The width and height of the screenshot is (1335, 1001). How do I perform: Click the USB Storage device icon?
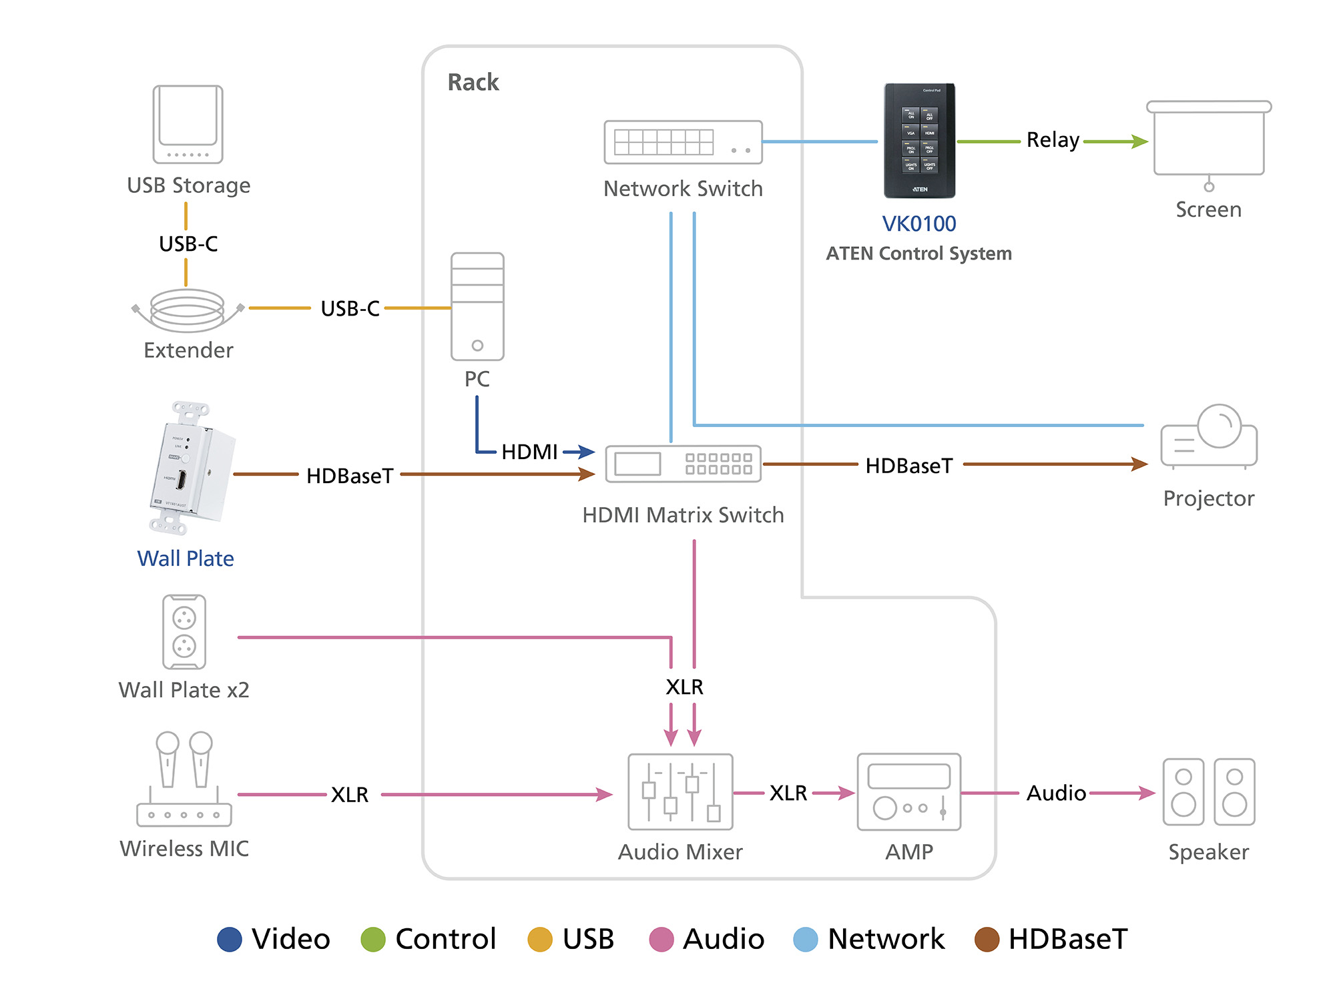point(188,124)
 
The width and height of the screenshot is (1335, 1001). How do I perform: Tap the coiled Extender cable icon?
point(188,310)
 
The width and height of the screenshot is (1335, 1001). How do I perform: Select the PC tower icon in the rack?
point(477,306)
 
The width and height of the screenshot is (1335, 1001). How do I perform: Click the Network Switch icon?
point(683,142)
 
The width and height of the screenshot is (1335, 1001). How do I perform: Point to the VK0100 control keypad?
point(920,141)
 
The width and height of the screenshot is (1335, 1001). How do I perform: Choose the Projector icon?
point(1209,437)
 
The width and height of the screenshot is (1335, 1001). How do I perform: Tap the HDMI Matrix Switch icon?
point(683,464)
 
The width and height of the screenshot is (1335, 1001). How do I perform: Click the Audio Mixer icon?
point(680,792)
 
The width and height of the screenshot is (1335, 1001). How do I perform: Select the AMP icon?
point(909,792)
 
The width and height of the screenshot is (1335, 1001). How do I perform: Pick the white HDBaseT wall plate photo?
point(191,468)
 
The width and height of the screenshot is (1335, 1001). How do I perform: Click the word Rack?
point(473,82)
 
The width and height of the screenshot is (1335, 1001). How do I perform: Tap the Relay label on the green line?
point(1053,140)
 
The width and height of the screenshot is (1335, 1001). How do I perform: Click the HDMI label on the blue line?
point(529,452)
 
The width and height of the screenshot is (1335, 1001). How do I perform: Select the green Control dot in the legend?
point(373,940)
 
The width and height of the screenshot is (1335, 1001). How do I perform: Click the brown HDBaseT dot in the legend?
point(987,940)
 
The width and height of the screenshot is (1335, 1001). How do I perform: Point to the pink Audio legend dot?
point(661,940)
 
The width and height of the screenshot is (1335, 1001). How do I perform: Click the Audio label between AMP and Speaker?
point(1056,793)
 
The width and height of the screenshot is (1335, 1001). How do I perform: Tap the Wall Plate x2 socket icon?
point(184,632)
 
